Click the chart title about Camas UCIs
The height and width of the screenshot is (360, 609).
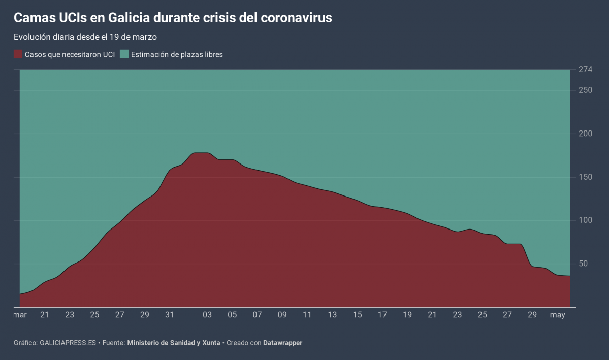point(173,18)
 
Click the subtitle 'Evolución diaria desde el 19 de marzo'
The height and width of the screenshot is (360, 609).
point(85,37)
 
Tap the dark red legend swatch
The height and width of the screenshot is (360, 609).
point(18,54)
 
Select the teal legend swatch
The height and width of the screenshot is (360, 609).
point(124,54)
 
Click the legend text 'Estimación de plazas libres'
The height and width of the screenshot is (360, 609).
point(177,54)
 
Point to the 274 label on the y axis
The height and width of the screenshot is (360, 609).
point(585,70)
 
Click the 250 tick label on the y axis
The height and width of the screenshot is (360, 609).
point(585,90)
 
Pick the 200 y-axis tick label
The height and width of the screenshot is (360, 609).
point(585,134)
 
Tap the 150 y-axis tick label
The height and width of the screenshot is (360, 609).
point(585,177)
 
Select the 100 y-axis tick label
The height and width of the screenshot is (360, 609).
point(585,220)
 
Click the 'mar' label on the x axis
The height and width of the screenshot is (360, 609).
point(20,315)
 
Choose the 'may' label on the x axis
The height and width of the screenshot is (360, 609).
point(558,315)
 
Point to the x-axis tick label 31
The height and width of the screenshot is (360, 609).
point(170,315)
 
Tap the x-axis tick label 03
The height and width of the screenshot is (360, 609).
point(207,315)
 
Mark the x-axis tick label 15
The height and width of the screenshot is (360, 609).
point(358,315)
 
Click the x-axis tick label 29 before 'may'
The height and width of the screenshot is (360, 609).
point(532,315)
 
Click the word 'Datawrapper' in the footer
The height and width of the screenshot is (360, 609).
point(282,343)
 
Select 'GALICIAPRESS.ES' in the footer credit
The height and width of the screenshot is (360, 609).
point(68,343)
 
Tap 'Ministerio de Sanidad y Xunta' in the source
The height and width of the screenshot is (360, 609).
point(174,343)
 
